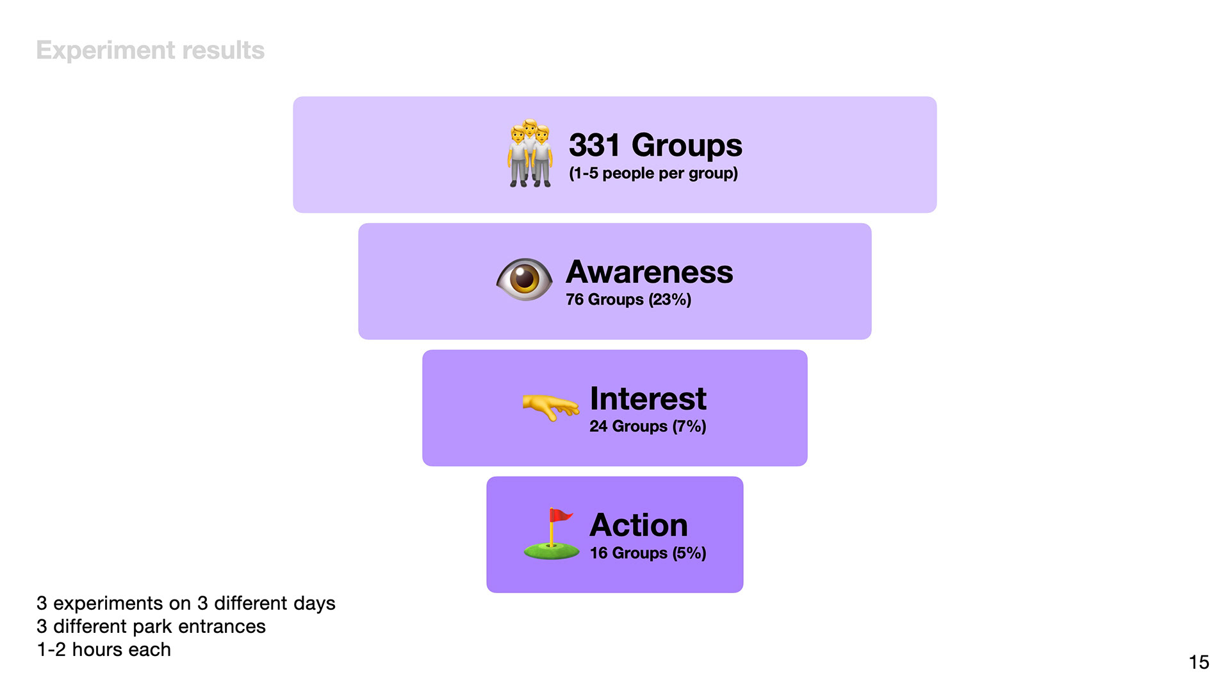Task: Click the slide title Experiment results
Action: (x=150, y=50)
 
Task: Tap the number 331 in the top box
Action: (x=594, y=145)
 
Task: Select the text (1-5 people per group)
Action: (x=653, y=173)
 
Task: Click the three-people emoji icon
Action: (x=530, y=153)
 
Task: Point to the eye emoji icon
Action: (x=524, y=280)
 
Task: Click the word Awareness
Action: (x=649, y=272)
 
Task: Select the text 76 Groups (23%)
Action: (x=628, y=299)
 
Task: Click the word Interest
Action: (x=648, y=399)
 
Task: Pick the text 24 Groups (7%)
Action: (x=648, y=426)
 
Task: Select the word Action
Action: (x=639, y=525)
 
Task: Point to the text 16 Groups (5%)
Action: (x=648, y=553)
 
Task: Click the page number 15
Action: (x=1199, y=662)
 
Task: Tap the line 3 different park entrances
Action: (x=151, y=626)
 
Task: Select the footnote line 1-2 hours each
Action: (x=104, y=650)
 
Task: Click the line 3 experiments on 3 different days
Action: (x=186, y=603)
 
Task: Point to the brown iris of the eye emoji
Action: (x=525, y=279)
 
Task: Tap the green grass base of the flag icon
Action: (x=552, y=551)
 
